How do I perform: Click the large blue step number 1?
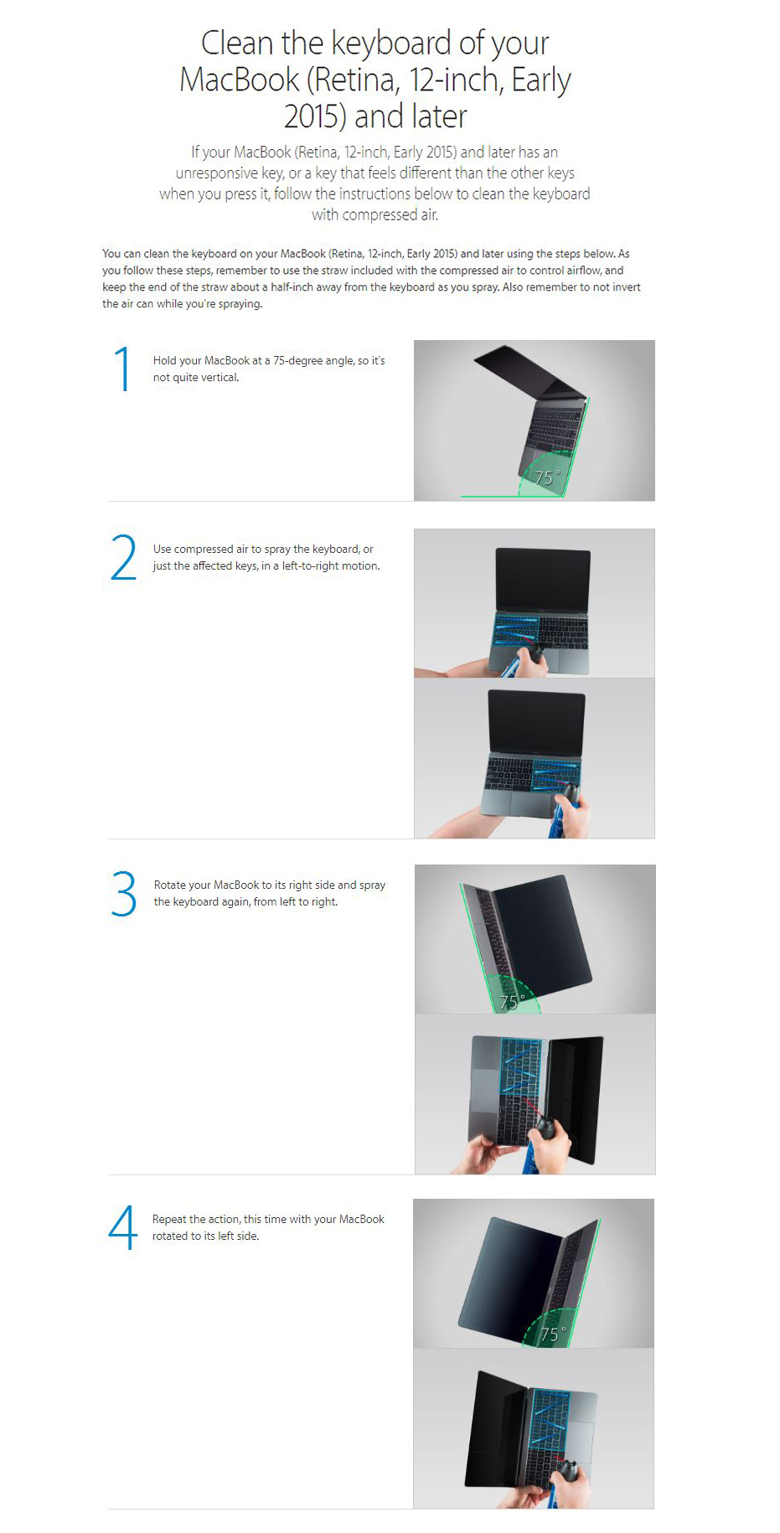click(123, 369)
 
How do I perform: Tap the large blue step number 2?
click(123, 557)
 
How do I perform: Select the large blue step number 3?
click(123, 893)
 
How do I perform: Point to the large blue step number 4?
click(122, 1227)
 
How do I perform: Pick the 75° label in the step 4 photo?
click(553, 1334)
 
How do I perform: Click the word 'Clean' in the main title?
click(237, 43)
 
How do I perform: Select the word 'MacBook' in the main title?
click(240, 80)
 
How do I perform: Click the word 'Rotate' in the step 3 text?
click(170, 885)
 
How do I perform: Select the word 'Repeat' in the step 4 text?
click(169, 1220)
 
